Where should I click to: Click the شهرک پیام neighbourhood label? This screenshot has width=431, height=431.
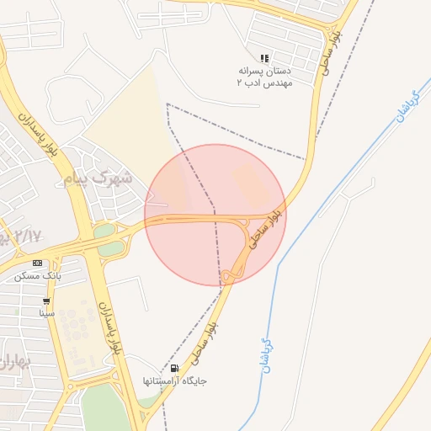98,179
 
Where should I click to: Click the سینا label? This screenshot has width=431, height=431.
46,313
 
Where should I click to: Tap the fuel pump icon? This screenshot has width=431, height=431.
174,368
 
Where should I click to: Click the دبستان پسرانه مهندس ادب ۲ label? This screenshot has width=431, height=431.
264,78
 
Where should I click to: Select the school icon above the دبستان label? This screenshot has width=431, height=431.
264,59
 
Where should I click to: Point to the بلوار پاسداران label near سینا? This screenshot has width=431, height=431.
112,328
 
